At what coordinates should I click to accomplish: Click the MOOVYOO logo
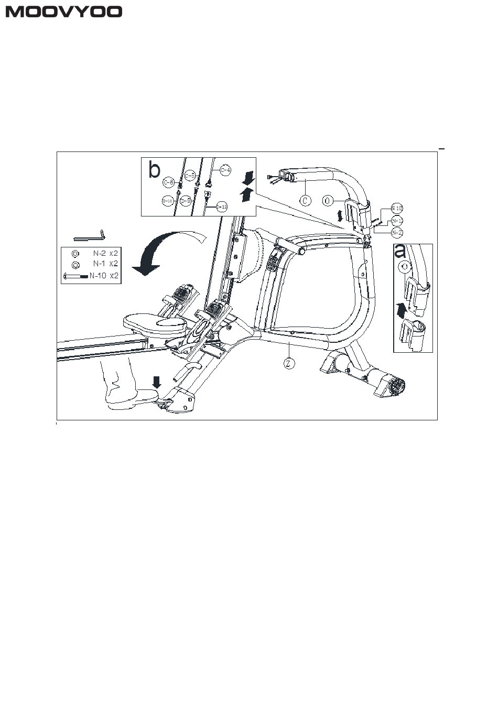[x=64, y=12]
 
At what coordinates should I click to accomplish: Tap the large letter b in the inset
[x=154, y=170]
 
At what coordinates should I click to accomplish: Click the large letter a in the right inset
[x=400, y=251]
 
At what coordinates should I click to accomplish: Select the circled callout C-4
[x=225, y=170]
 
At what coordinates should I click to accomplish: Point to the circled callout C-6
[x=168, y=182]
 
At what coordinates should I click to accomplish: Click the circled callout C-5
[x=190, y=175]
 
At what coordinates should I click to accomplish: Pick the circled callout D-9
[x=185, y=200]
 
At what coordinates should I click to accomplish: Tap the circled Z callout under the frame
[x=289, y=362]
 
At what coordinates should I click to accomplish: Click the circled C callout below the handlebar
[x=305, y=200]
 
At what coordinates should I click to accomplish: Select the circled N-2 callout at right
[x=397, y=232]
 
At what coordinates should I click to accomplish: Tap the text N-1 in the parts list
[x=100, y=264]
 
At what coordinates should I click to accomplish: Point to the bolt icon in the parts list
[x=75, y=276]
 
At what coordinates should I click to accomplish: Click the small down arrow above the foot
[x=156, y=381]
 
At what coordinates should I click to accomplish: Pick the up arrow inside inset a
[x=401, y=310]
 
